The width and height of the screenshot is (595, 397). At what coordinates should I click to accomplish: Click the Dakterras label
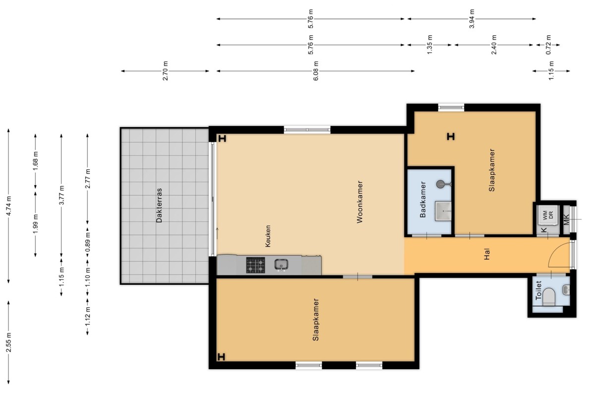click(159, 205)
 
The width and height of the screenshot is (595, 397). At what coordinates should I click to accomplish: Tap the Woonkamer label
click(359, 202)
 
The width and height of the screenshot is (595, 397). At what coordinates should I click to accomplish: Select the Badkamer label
click(422, 199)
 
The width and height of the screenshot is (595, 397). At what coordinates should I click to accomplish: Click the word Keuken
click(268, 236)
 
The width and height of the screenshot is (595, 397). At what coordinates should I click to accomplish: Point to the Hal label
click(486, 254)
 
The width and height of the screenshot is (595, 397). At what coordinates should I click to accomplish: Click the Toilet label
click(538, 290)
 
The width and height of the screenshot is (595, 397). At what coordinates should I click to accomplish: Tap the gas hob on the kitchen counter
click(255, 265)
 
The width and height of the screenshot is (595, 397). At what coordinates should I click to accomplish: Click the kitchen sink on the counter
click(281, 265)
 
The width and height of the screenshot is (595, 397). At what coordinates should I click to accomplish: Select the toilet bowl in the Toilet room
click(549, 297)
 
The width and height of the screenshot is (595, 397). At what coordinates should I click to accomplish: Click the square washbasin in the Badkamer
click(443, 211)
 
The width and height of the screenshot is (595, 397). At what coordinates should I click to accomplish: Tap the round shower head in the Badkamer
click(441, 184)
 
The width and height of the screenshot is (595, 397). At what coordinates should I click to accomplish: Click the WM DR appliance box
click(547, 215)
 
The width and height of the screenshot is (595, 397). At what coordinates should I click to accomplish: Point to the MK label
click(566, 220)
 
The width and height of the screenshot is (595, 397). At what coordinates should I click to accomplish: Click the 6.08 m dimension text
click(315, 71)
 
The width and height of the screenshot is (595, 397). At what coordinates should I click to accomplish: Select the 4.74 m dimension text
click(9, 206)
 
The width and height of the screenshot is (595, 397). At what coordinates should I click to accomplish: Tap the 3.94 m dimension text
click(472, 19)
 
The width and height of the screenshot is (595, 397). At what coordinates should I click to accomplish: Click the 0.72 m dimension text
click(548, 45)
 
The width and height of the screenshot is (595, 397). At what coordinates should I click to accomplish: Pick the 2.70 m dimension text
click(165, 71)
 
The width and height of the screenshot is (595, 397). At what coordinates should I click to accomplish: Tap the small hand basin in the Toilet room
click(566, 290)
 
